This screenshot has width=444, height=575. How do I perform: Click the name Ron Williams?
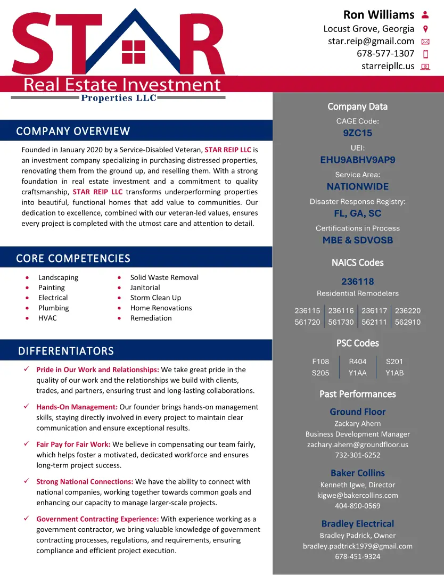coord(379,14)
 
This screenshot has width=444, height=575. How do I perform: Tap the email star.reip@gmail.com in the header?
coord(371,41)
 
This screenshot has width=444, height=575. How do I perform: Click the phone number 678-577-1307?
coord(385,53)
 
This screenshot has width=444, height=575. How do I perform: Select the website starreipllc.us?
coord(388,66)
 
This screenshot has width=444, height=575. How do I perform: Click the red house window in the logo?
coord(133,52)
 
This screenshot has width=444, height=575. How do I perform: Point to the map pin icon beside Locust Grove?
coord(425,29)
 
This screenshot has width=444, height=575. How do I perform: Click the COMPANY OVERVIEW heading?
coord(73,131)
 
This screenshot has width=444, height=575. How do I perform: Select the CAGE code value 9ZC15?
coord(358,133)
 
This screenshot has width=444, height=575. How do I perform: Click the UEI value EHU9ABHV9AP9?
coord(358,160)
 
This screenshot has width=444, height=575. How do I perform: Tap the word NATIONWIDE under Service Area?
coord(358,186)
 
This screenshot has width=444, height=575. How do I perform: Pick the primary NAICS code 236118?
coord(358,281)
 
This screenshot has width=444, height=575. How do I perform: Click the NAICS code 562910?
coord(408,322)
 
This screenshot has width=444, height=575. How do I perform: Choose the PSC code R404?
coord(358,362)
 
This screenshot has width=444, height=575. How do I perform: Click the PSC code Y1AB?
coord(394,373)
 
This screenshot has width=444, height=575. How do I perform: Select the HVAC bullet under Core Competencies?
coord(47,318)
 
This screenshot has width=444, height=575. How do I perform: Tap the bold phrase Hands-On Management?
coord(77,407)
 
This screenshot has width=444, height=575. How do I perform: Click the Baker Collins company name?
coord(358,473)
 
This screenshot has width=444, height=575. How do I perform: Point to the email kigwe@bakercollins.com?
coord(358,495)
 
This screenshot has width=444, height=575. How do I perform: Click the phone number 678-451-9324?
coord(358,556)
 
